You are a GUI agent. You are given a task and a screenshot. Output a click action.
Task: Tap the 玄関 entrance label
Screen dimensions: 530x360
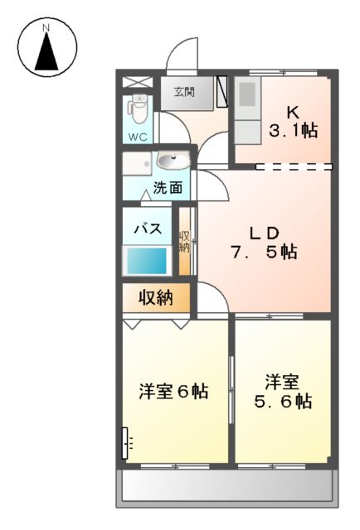tap(185, 93)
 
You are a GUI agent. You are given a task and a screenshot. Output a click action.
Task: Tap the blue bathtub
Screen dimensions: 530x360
tap(147, 261)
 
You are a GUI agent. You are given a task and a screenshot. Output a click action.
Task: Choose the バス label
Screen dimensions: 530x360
tap(146, 229)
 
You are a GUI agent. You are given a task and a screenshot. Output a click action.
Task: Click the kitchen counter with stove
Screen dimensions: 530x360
tap(246, 111)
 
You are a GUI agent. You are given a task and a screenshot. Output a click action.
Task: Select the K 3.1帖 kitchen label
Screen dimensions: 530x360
tap(294, 121)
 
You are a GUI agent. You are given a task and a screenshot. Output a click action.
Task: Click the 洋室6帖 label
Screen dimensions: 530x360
tap(173, 391)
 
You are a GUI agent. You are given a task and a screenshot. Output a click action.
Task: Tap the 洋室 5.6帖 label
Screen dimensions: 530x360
tap(282, 392)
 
